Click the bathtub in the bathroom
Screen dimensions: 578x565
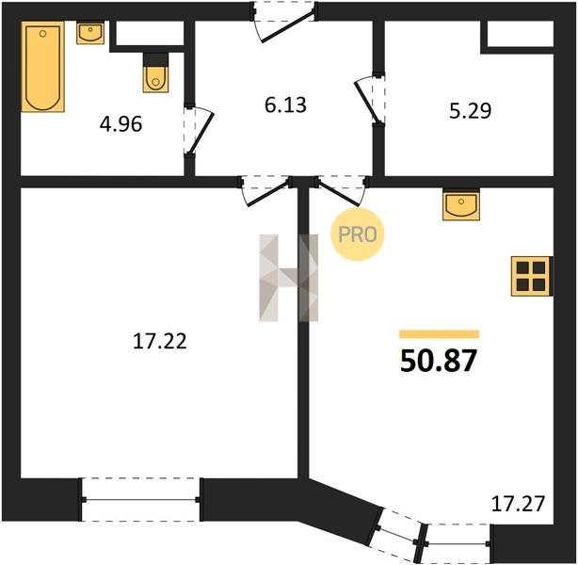(42, 66)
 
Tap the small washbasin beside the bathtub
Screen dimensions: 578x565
(90, 32)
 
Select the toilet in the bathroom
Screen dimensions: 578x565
(156, 73)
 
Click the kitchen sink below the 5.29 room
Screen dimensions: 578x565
(461, 204)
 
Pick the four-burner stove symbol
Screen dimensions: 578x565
(531, 276)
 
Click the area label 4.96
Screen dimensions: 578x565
(120, 124)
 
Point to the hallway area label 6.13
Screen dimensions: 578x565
(285, 105)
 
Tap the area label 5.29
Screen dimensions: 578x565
(470, 110)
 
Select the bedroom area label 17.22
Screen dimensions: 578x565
(160, 341)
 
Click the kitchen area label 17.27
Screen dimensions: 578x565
(518, 504)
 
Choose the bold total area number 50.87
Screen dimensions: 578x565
(439, 361)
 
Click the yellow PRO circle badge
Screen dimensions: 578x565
(357, 234)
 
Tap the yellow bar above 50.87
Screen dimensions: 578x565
(439, 334)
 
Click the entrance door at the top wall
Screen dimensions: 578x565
(284, 23)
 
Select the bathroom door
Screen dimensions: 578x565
(198, 129)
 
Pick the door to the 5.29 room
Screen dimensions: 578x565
(369, 99)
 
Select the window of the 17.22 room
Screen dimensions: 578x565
(141, 500)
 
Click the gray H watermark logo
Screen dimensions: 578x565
(288, 278)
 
